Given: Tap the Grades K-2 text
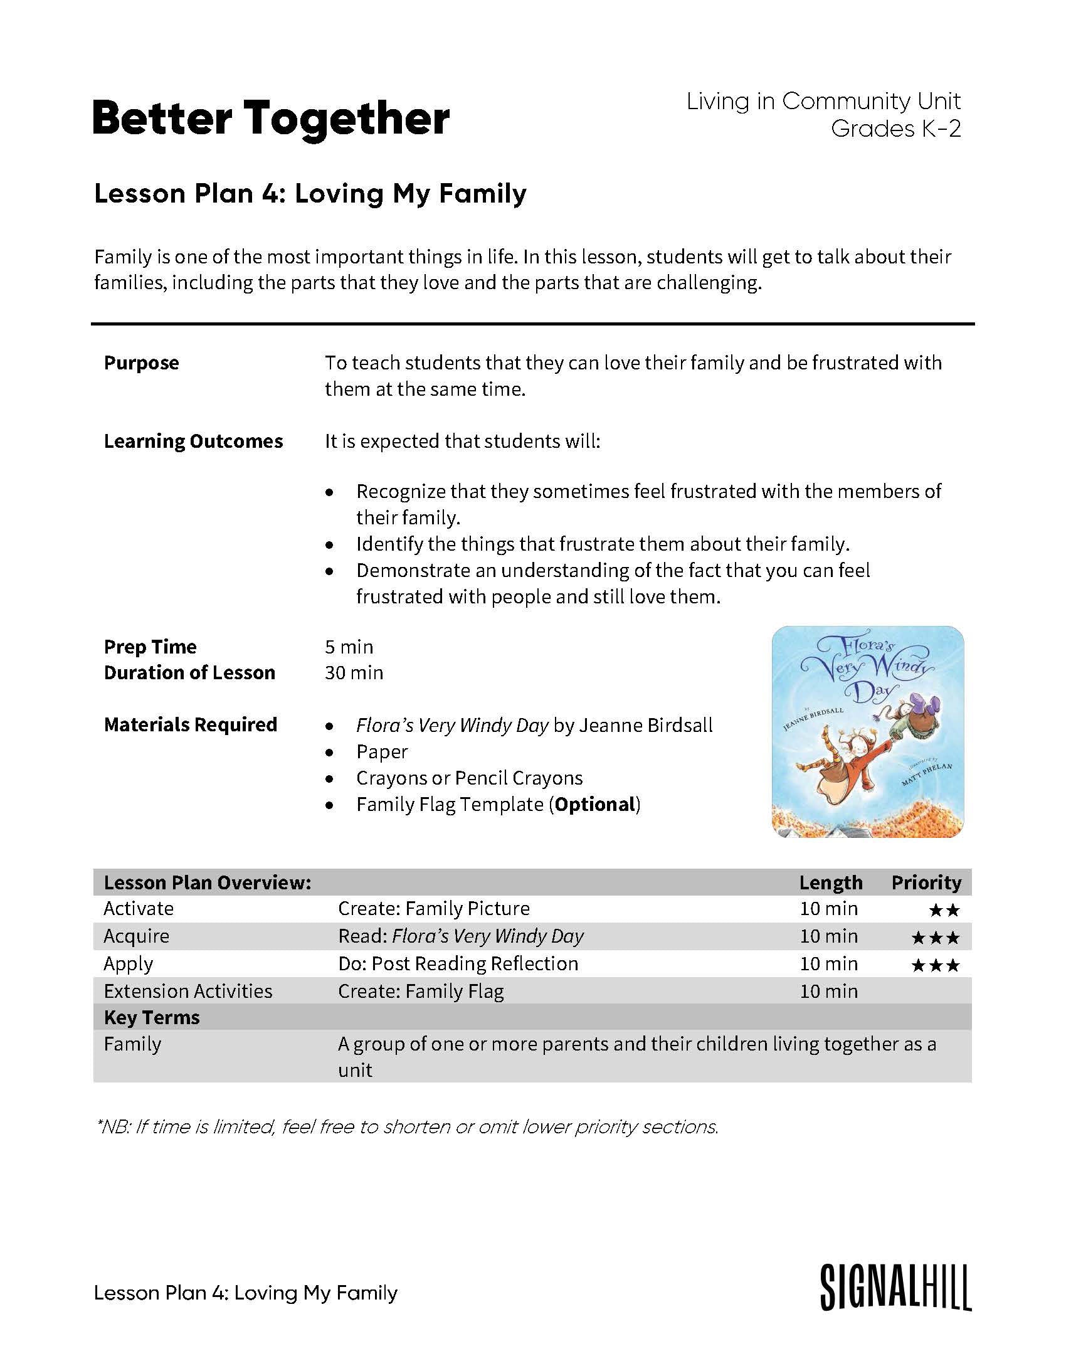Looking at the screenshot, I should pyautogui.click(x=895, y=129).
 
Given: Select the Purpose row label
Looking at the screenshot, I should pyautogui.click(x=141, y=363).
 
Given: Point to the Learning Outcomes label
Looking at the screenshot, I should pyautogui.click(x=193, y=441).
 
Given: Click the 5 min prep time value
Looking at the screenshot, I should pyautogui.click(x=349, y=647).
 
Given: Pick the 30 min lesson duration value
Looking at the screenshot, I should pyautogui.click(x=354, y=672).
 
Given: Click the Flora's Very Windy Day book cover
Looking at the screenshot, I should pyautogui.click(x=867, y=731).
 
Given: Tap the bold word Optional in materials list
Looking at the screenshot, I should pyautogui.click(x=595, y=804).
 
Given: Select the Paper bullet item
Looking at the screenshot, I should pyautogui.click(x=382, y=751).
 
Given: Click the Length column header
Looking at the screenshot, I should pyautogui.click(x=830, y=882).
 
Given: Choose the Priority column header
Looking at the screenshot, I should pyautogui.click(x=926, y=882).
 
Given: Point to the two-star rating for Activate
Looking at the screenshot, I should pyautogui.click(x=944, y=910).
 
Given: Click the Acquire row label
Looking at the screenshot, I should pyautogui.click(x=136, y=936).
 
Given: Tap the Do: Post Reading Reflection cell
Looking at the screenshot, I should pyautogui.click(x=458, y=963).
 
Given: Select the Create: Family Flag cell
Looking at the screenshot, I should pyautogui.click(x=421, y=991).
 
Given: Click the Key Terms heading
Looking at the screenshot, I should pyautogui.click(x=152, y=1017).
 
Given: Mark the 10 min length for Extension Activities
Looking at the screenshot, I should pyautogui.click(x=828, y=991).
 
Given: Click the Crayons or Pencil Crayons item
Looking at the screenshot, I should pyautogui.click(x=469, y=778).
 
